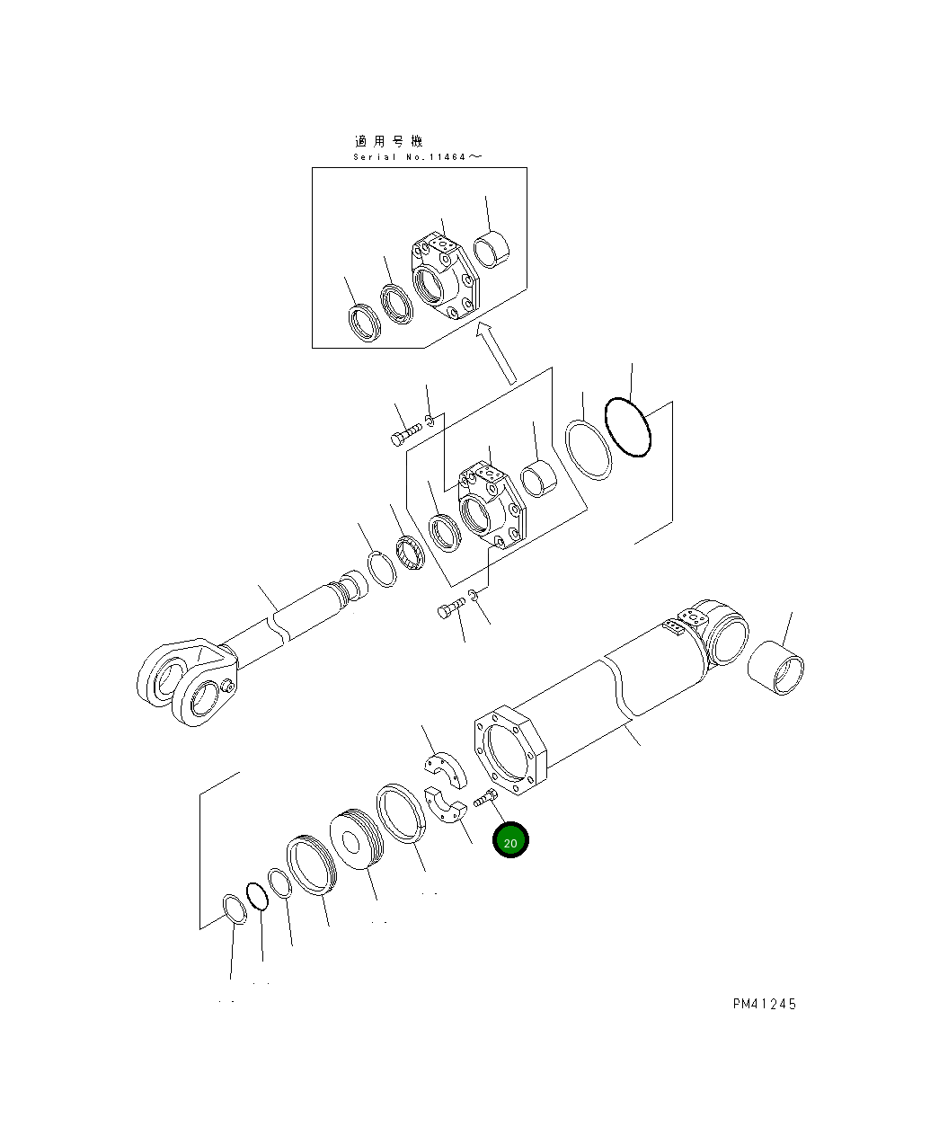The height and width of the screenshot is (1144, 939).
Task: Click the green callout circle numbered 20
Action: coord(509,840)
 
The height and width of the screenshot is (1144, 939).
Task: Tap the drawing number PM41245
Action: coord(765,1004)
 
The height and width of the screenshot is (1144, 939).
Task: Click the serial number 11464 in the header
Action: coord(447,156)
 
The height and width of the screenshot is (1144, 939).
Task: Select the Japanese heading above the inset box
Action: coord(388,142)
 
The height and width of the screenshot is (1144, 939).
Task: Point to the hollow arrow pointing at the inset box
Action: coord(496,353)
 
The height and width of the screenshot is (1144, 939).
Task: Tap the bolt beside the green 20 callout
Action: coord(485,798)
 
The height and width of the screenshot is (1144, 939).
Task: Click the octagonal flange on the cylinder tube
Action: coord(509,750)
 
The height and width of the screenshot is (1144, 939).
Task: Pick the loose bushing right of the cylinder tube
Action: coord(775,668)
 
